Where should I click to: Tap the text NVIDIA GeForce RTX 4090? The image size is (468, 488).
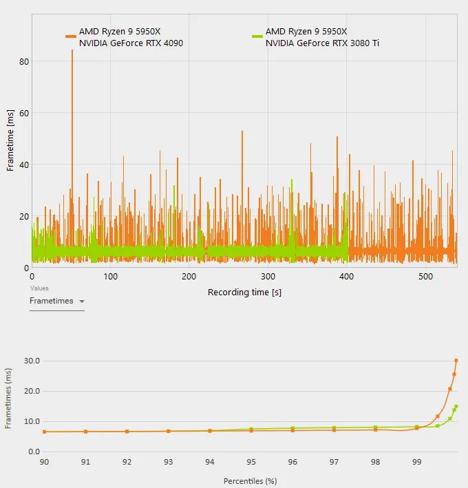pos(131,43)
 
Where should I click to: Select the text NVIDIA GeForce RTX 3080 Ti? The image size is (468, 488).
pos(322,43)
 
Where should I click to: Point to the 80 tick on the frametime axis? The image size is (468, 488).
pos(24,61)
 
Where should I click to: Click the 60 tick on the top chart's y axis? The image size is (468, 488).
pos(24,113)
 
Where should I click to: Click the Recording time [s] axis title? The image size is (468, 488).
pos(244,292)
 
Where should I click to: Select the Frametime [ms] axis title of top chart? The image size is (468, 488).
pos(10,140)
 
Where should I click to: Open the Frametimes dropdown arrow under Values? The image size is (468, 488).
pos(82,301)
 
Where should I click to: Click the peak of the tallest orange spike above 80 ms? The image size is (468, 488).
pos(72,51)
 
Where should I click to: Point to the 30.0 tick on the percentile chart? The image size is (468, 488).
pos(31,361)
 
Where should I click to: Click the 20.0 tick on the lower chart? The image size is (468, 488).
pos(31,391)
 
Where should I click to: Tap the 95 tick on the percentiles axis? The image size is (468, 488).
pos(251,462)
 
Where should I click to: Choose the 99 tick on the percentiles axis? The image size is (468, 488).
pos(416,462)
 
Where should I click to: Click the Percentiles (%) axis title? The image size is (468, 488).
pos(251,481)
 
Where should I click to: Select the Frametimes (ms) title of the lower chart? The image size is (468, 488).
pos(8,399)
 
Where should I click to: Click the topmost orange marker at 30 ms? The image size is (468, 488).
pos(456,361)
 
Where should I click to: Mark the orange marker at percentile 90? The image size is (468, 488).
pos(45,432)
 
